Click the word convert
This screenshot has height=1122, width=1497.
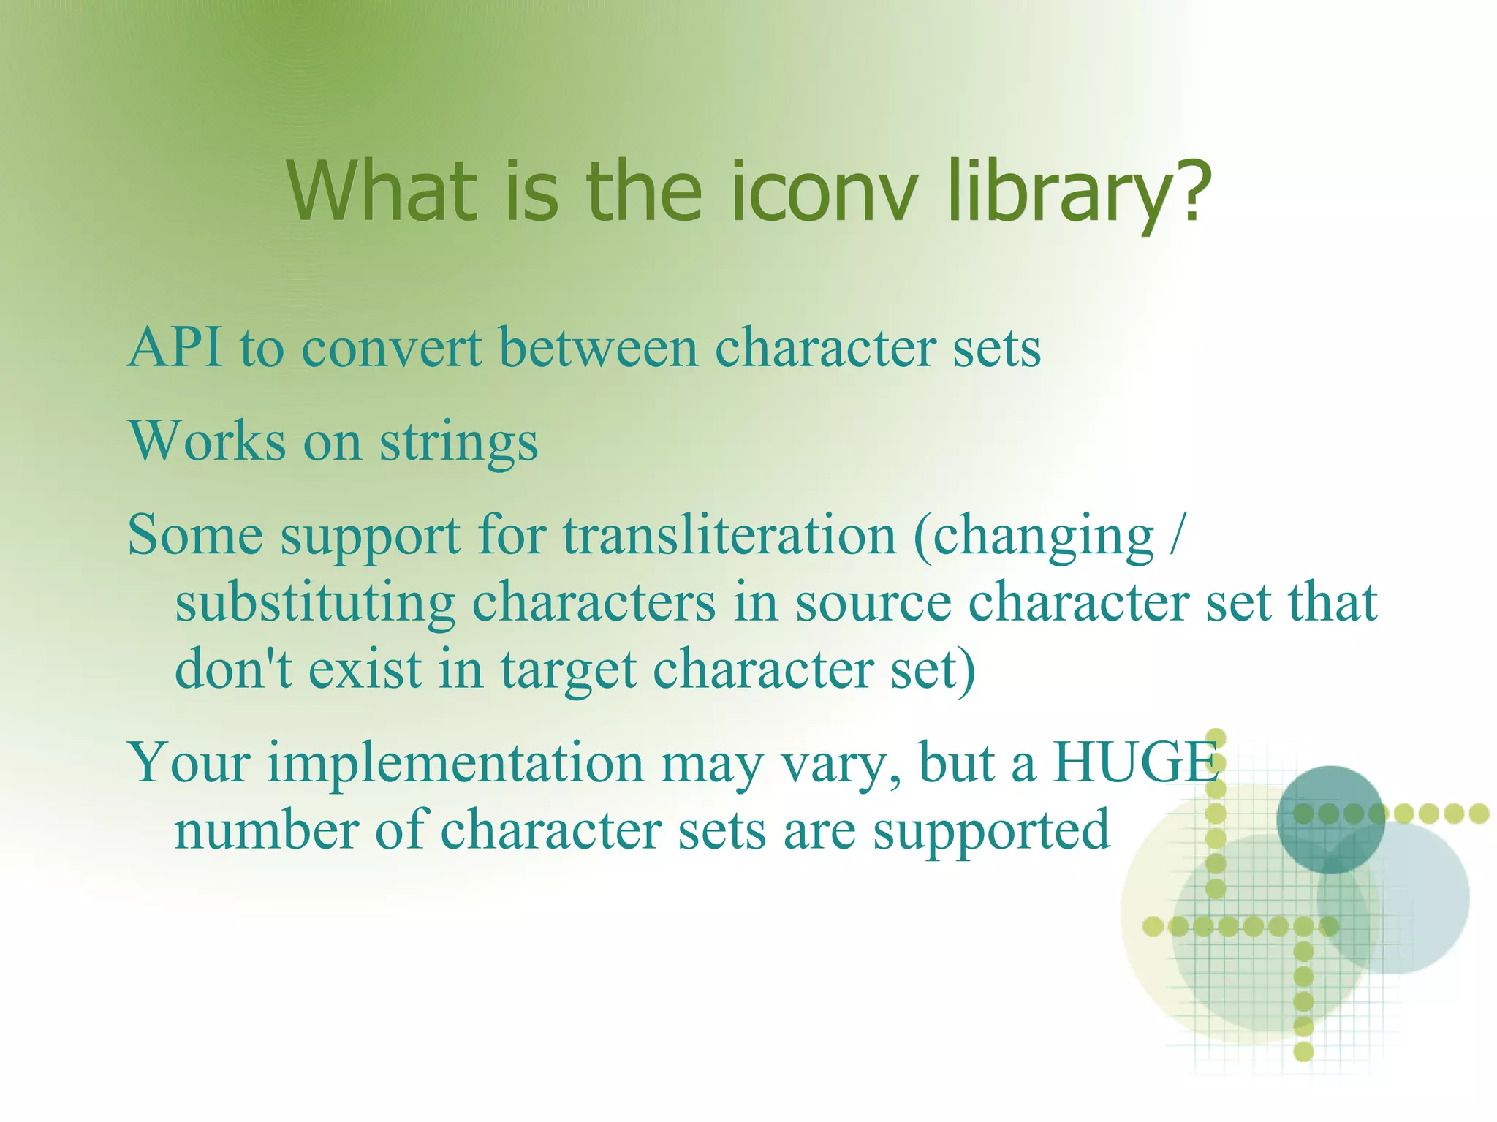point(392,348)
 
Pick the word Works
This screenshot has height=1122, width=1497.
point(207,441)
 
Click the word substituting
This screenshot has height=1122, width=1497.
point(315,603)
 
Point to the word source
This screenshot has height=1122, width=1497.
point(873,603)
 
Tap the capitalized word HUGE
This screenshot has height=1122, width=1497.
point(1137,762)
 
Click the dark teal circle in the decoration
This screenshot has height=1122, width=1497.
point(1330,819)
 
